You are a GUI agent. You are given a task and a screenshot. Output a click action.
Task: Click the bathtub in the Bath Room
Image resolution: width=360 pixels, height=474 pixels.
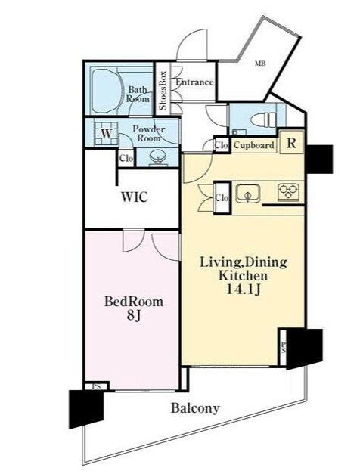click(106, 91)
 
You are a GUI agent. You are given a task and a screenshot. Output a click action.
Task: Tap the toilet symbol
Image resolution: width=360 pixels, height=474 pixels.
click(265, 119)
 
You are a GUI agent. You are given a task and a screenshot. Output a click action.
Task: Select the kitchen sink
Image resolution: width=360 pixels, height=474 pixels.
click(248, 194)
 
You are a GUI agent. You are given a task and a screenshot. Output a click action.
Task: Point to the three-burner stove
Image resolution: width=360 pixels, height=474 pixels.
click(288, 192)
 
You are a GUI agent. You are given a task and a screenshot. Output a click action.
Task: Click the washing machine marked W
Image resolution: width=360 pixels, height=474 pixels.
click(106, 133)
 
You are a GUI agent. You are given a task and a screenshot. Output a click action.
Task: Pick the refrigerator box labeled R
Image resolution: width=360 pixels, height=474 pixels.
click(291, 143)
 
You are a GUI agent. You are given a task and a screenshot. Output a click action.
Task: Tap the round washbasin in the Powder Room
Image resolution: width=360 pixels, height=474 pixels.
click(158, 157)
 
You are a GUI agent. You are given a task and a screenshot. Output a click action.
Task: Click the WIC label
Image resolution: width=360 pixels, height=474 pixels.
click(135, 197)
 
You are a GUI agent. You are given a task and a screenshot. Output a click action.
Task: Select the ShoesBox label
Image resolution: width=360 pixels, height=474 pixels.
click(163, 90)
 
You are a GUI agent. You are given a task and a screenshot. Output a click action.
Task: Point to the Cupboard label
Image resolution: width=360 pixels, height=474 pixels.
click(254, 145)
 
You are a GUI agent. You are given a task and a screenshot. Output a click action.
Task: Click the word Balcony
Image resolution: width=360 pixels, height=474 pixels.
click(195, 408)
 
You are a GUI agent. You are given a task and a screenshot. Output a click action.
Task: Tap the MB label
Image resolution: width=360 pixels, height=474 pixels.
click(260, 64)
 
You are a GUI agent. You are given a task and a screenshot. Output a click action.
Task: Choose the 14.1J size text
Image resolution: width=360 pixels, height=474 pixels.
click(244, 290)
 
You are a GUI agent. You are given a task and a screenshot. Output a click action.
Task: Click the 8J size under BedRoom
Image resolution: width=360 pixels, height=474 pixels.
click(134, 315)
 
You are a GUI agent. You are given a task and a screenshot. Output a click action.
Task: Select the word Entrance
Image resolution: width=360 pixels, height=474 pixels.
click(195, 82)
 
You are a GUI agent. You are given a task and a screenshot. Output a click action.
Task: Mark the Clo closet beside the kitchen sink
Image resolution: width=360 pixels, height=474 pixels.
click(222, 198)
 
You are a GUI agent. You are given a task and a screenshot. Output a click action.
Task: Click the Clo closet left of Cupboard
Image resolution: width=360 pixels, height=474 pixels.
click(222, 146)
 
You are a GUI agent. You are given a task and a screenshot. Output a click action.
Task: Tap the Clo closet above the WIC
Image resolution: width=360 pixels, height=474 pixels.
click(126, 158)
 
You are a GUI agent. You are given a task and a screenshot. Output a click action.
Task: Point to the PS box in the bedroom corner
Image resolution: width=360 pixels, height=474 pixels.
click(96, 386)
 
